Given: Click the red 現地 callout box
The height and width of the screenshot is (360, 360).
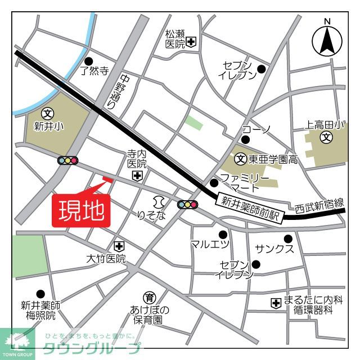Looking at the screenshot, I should pyautogui.click(x=82, y=211).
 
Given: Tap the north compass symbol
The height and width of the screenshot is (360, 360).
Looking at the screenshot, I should pyautogui.click(x=328, y=38).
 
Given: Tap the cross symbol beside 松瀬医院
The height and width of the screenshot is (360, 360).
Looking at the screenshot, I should pyautogui.click(x=192, y=41).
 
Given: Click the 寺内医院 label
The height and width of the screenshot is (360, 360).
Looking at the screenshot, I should pyautogui.click(x=137, y=158).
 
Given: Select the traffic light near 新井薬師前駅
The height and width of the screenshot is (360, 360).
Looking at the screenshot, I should pyautogui.click(x=187, y=205).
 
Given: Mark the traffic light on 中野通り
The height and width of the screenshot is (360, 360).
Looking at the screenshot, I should pyautogui.click(x=67, y=161).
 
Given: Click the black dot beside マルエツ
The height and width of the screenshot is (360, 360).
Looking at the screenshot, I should pyautogui.click(x=223, y=233).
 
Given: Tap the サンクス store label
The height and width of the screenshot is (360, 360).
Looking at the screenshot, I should pyautogui.click(x=274, y=249).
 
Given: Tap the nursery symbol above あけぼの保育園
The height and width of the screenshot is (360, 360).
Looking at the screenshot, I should pyautogui.click(x=150, y=298).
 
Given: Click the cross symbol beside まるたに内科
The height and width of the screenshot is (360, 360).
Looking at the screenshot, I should pyautogui.click(x=276, y=303).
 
